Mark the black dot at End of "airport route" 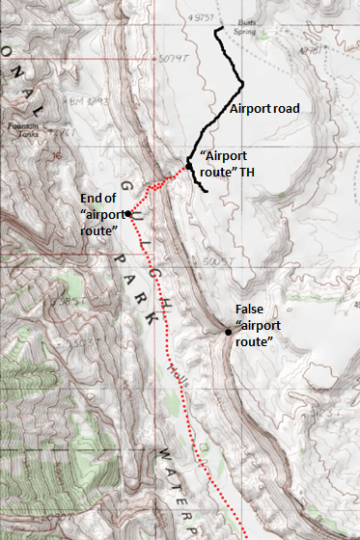[x=127, y=214]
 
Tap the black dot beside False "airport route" [x=229, y=332]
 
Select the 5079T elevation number [x=171, y=57]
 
